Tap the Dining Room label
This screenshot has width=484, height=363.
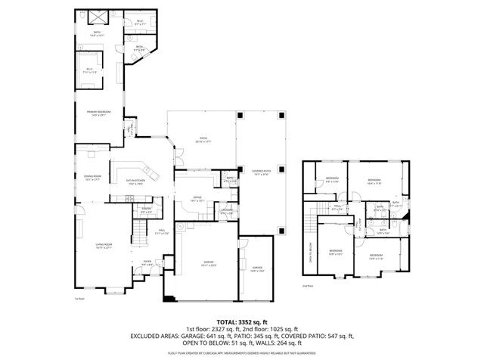click(92, 178)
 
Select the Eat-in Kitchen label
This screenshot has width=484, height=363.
click(135, 182)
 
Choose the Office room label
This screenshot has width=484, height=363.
click(197, 199)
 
